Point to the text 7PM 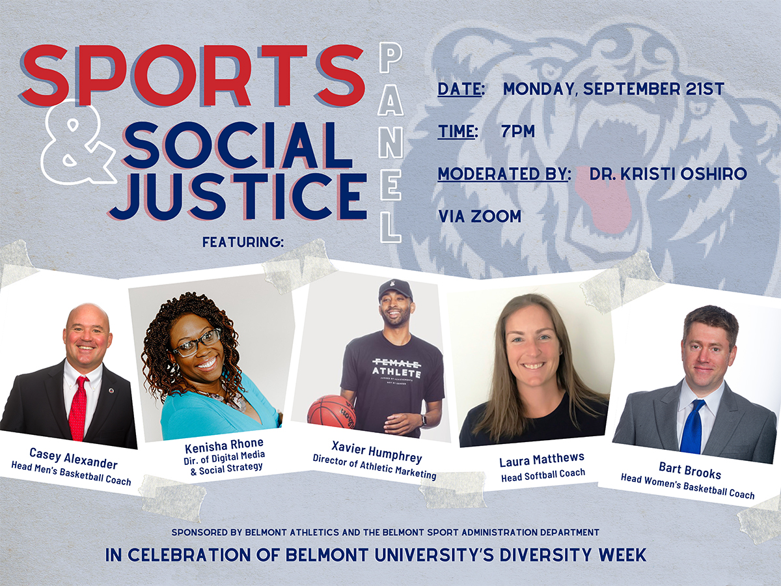(x=518, y=132)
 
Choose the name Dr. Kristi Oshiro (x=668, y=174)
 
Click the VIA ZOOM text (x=480, y=216)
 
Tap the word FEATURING (x=243, y=242)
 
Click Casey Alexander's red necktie (x=78, y=407)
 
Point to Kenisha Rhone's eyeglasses (x=196, y=342)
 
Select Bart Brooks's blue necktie (x=692, y=426)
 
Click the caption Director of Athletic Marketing (x=374, y=467)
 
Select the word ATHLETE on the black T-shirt (x=396, y=371)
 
